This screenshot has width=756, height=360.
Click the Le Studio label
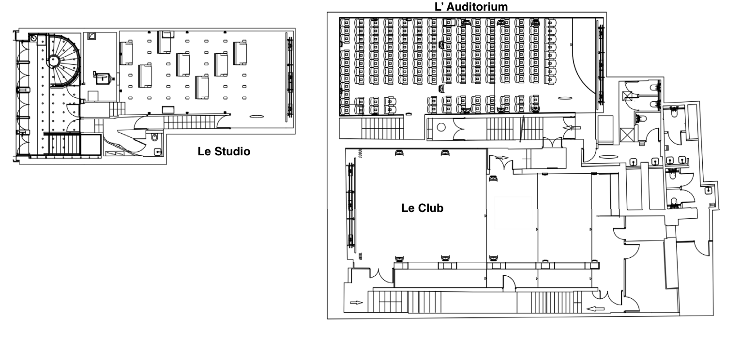point(224,151)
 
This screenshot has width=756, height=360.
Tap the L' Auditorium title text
point(471,6)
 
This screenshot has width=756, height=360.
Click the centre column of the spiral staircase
point(54,60)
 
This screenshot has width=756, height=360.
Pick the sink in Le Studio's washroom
point(158,151)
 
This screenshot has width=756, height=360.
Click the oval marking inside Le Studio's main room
point(257,116)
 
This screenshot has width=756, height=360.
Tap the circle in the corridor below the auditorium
point(441,128)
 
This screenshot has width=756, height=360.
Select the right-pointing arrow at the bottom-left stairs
point(356,303)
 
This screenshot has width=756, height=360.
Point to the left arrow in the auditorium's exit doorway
point(570,128)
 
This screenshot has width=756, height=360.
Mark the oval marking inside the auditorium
point(564,98)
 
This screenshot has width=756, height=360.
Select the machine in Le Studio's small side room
point(103,76)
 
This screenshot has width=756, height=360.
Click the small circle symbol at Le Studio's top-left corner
point(34,38)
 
